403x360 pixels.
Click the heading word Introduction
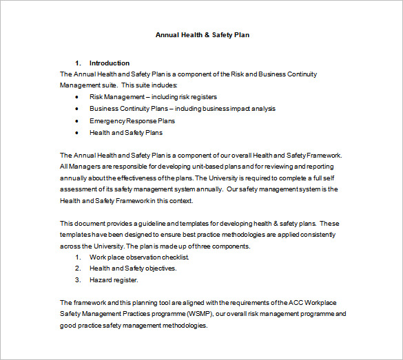point(109,63)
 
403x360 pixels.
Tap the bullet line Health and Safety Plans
point(126,132)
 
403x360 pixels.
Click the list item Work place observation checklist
point(139,257)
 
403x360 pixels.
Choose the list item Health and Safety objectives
point(133,268)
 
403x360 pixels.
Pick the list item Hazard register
point(114,280)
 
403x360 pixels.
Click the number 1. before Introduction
point(78,63)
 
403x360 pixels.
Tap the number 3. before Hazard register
point(78,280)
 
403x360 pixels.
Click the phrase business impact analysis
point(242,109)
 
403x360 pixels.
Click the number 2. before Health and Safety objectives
point(78,268)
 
